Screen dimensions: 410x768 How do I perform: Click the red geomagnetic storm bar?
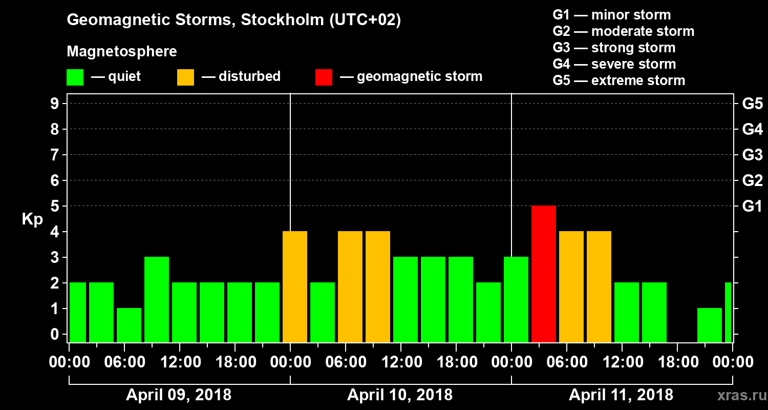coord(544,274)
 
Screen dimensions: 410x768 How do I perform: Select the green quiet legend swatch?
coord(75,77)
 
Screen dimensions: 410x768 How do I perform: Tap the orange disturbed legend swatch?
coord(185,77)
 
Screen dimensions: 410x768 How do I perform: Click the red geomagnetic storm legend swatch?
coord(324,77)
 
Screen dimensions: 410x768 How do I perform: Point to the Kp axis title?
coord(32,219)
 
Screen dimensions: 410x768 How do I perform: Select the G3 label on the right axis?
coord(752,155)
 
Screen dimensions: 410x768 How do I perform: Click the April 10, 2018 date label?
coord(400,395)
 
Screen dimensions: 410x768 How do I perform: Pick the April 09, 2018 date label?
coord(179,395)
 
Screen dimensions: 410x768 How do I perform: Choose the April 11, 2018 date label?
coord(621,395)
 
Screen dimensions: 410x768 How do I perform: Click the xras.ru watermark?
coord(739,395)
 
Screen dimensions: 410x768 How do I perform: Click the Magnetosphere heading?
coord(122,52)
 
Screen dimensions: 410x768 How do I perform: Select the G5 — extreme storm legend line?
coord(618,80)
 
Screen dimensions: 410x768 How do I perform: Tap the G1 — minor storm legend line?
coord(611,15)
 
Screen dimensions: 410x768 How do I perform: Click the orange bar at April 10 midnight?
coord(295,286)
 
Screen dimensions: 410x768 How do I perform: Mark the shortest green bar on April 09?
coord(129,325)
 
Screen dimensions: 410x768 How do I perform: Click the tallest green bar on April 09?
coord(157,299)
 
